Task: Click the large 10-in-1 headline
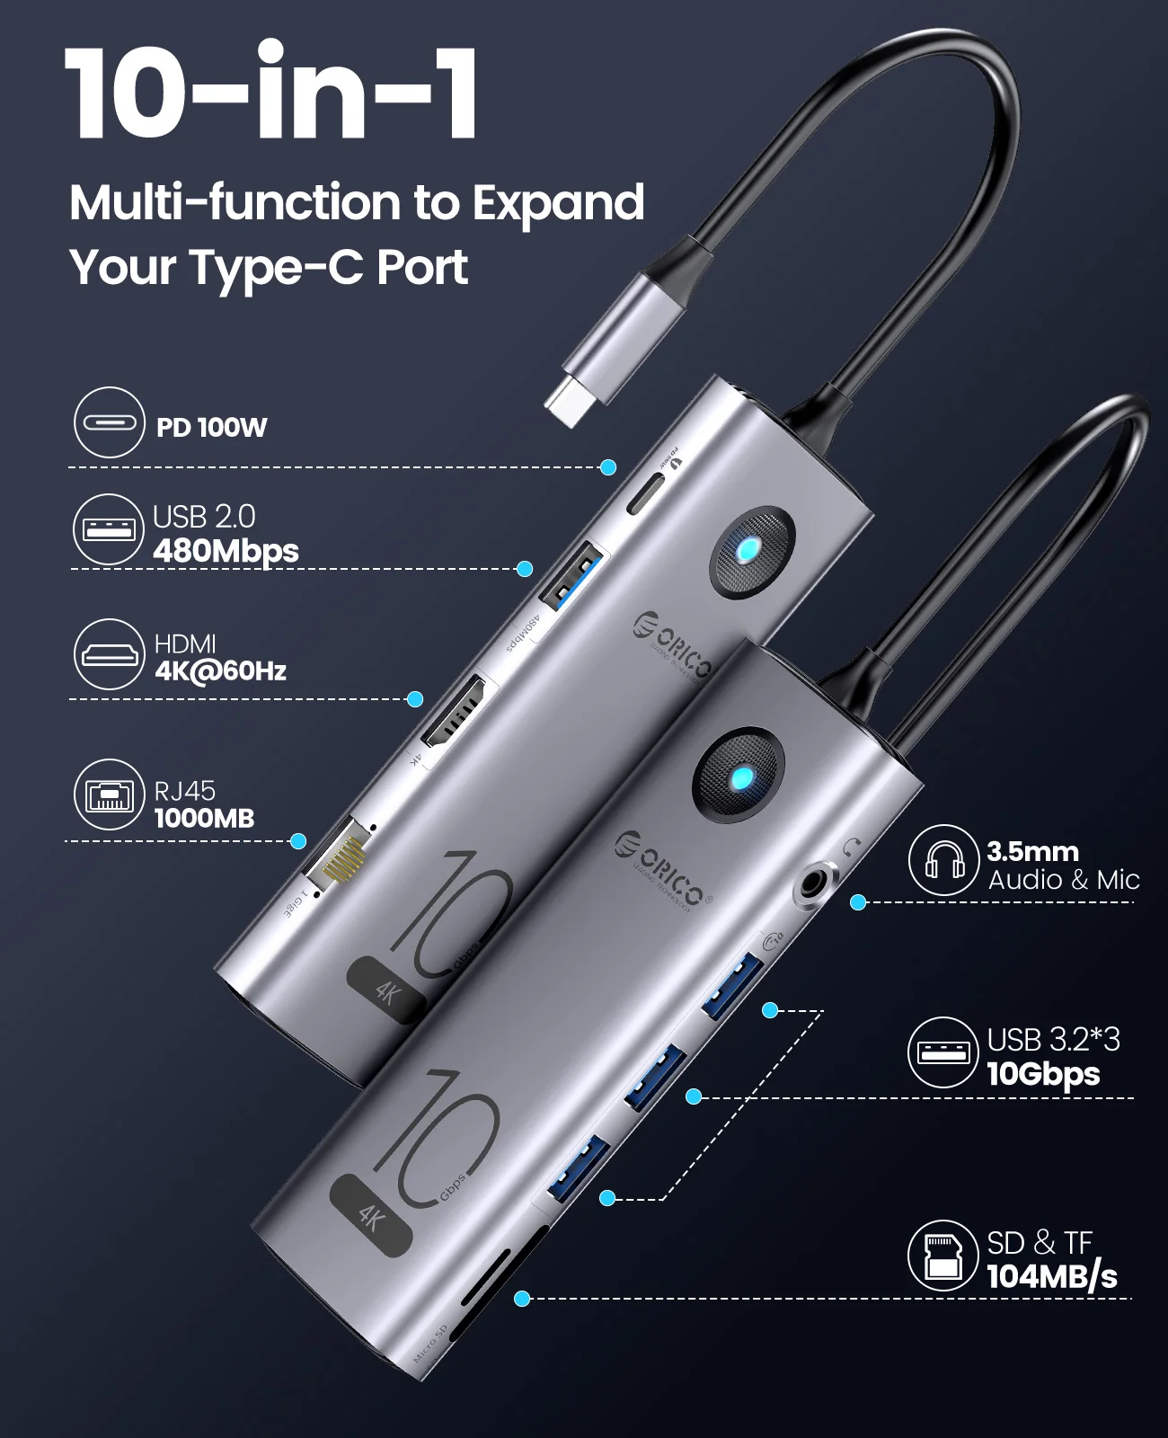pyautogui.click(x=271, y=93)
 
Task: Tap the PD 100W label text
pyautogui.click(x=211, y=427)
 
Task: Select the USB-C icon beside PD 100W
pyautogui.click(x=109, y=422)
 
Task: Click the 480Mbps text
pyautogui.click(x=226, y=550)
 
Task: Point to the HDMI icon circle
pyautogui.click(x=109, y=654)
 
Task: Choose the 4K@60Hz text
pyautogui.click(x=220, y=670)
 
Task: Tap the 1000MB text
pyautogui.click(x=204, y=818)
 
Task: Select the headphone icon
pyautogui.click(x=942, y=860)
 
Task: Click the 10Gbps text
pyautogui.click(x=1043, y=1073)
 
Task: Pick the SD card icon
pyautogui.click(x=942, y=1256)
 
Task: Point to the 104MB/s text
pyautogui.click(x=1052, y=1276)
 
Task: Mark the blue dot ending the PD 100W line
pyautogui.click(x=608, y=467)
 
